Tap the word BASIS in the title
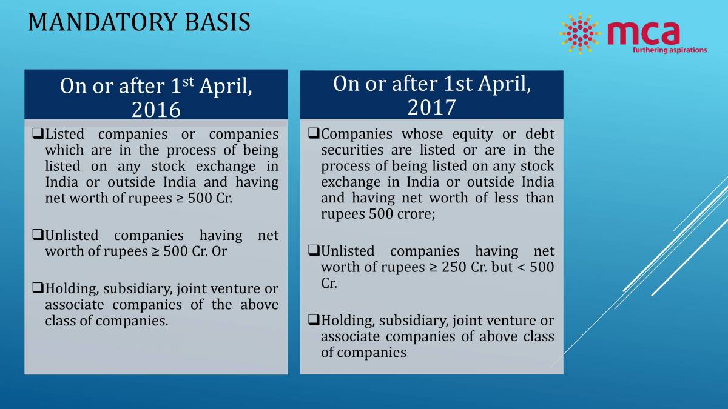coord(218,23)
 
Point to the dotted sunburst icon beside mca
coord(579,33)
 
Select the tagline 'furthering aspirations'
coord(669,50)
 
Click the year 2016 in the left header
coord(156,109)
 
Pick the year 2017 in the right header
coord(431,107)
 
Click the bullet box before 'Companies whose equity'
coord(313,134)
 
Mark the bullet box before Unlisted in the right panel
coord(313,250)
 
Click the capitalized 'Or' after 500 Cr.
coord(220,251)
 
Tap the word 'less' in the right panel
coord(507,198)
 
